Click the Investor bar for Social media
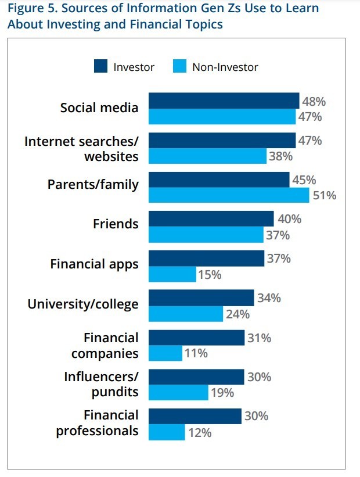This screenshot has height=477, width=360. tap(224, 101)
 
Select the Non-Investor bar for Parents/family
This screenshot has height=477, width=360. tap(229, 195)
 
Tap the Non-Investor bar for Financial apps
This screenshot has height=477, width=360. tap(172, 274)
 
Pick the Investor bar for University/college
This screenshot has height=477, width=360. tap(201, 298)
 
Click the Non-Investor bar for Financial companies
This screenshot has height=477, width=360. tap(165, 353)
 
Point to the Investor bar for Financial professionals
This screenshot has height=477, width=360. tap(195, 416)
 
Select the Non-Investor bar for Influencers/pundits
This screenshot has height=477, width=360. tap(178, 392)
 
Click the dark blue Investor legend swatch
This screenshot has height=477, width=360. tap(101, 66)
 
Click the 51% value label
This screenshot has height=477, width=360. tap(325, 195)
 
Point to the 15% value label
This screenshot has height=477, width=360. tap(210, 274)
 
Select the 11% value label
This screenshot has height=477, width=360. tap(196, 353)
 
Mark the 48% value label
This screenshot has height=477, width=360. tap(314, 101)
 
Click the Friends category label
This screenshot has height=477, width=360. tap(116, 224)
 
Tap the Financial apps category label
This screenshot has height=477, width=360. tap(94, 264)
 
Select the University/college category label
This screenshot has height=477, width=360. tap(83, 303)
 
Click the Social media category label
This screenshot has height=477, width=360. tap(99, 107)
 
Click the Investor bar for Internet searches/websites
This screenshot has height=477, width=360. tap(222, 140)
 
